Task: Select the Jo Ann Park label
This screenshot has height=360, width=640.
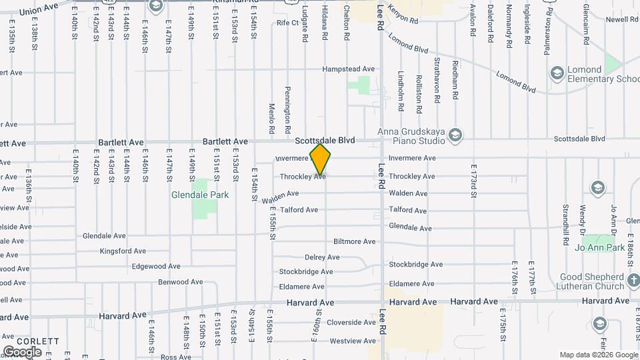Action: pos(600,247)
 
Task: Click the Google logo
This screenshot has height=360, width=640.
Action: pos(22,351)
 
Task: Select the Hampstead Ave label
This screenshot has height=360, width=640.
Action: pos(349,69)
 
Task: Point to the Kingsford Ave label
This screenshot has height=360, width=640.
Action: pos(122,251)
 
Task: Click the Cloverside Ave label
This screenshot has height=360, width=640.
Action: pos(351,323)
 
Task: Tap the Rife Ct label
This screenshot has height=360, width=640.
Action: pos(287,23)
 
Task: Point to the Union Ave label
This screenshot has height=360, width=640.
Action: pos(39,11)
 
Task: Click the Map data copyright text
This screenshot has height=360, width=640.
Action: pos(598,355)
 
